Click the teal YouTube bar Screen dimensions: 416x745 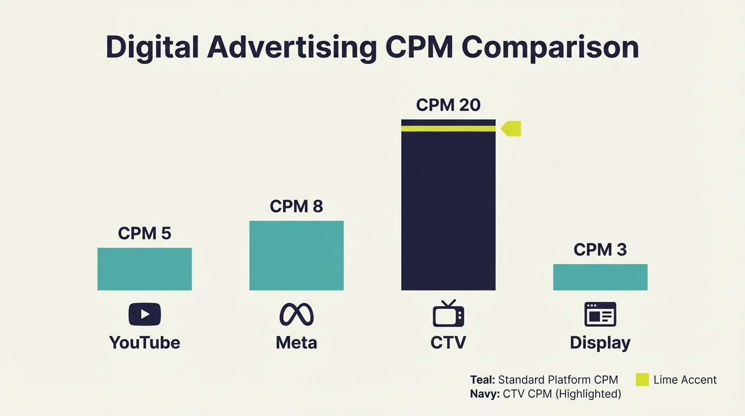point(145,269)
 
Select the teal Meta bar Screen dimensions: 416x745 point(296,255)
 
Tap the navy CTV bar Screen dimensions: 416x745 point(448,211)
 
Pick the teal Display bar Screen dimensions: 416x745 point(600,277)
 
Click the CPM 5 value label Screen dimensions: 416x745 point(145,233)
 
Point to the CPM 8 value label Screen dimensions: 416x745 point(296,206)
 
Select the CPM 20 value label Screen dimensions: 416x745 point(448,105)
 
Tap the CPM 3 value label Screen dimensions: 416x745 point(600,250)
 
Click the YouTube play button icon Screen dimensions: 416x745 point(145,314)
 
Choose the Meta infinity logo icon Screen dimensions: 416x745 point(296,314)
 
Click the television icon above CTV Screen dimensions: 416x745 point(448,314)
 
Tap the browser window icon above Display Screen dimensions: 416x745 point(600,314)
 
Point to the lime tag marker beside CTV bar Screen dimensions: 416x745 point(512,128)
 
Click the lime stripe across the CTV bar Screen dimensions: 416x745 point(448,128)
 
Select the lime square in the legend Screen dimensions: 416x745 point(642,380)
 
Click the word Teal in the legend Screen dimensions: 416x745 point(482,380)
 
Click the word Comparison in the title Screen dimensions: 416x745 point(551,47)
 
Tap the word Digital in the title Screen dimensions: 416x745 point(152,47)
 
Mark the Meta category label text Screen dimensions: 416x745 point(296,342)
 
